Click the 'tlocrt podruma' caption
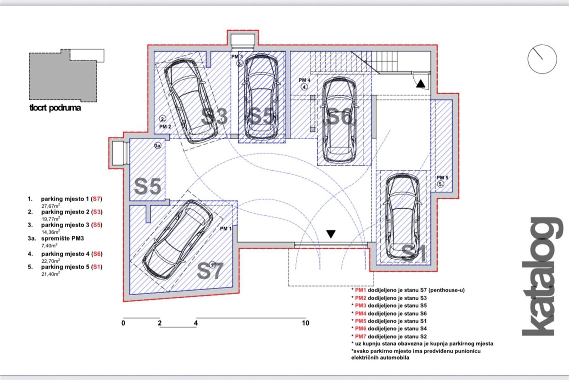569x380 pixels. tap(55, 108)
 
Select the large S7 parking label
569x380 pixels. tap(210, 271)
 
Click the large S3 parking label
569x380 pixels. tap(214, 116)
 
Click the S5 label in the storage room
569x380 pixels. tap(147, 186)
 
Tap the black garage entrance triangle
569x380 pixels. tap(331, 234)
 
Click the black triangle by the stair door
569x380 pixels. tap(421, 84)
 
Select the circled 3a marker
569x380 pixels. tap(158, 146)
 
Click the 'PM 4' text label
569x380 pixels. tap(304, 80)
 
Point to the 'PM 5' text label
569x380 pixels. tap(442, 178)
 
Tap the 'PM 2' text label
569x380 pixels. tap(165, 126)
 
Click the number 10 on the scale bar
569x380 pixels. tap(305, 323)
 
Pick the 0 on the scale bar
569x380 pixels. tap(123, 323)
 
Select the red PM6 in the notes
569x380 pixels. tap(361, 328)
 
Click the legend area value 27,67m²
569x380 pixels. tap(51, 205)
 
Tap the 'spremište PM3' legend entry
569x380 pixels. tap(63, 239)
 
